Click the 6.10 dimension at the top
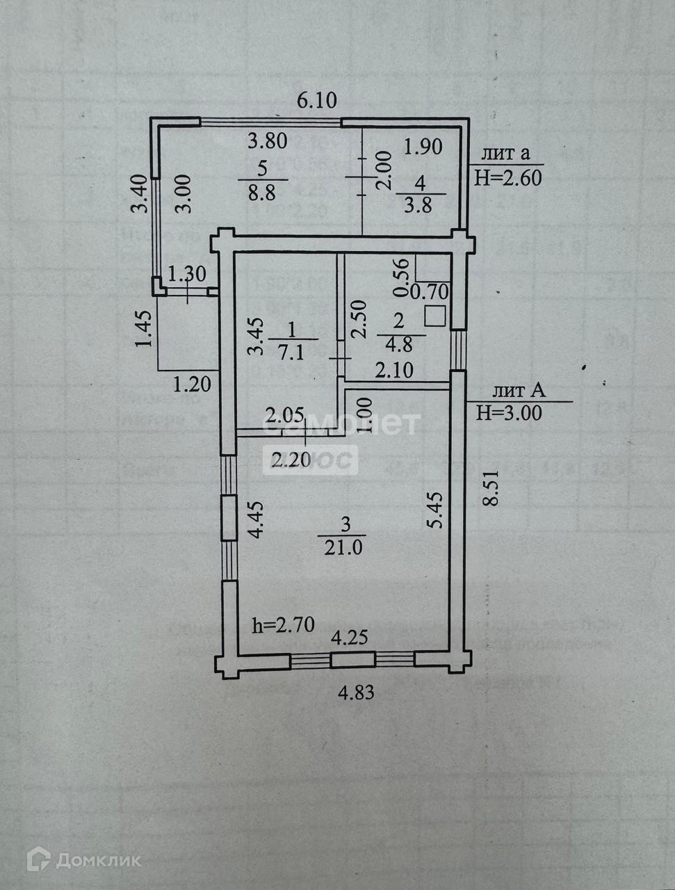tap(316, 101)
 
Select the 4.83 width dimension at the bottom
tap(356, 693)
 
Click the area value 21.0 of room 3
tap(343, 548)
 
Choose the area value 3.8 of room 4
tap(419, 205)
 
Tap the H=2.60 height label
tap(507, 178)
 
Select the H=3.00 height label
tap(509, 413)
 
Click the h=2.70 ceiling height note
tap(282, 625)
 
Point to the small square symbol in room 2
tap(435, 316)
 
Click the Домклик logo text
tap(97, 860)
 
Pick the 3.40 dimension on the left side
tap(141, 195)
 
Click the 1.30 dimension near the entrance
tap(188, 273)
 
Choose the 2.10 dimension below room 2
tap(394, 371)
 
